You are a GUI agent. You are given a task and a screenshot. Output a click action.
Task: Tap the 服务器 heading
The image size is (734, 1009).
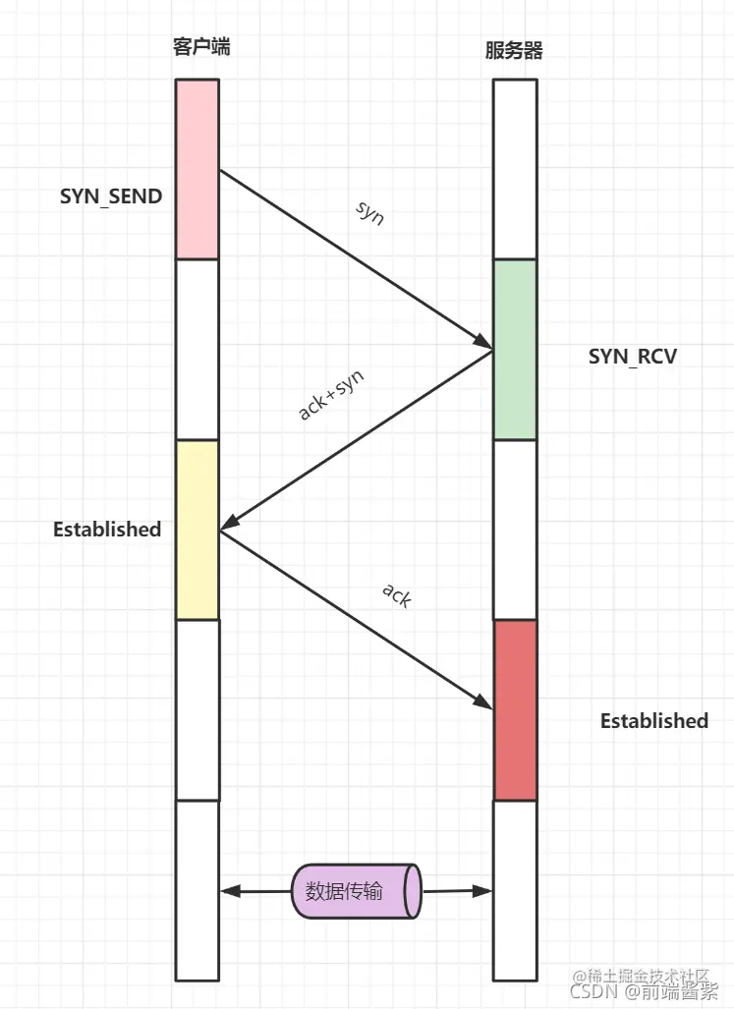[514, 50]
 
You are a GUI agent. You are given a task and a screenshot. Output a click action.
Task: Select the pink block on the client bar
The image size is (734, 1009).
[198, 169]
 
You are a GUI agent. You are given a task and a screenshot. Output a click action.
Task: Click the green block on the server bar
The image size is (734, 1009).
[514, 349]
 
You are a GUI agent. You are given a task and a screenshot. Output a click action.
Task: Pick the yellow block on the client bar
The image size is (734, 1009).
[198, 530]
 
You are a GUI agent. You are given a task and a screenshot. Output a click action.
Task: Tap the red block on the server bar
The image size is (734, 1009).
[515, 709]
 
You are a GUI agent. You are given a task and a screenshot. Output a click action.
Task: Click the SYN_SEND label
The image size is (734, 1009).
[111, 196]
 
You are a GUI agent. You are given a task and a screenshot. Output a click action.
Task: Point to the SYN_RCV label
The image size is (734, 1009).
[633, 356]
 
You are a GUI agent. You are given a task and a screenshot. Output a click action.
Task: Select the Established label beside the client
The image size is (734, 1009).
[107, 530]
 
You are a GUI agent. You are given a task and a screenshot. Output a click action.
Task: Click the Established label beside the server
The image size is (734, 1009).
[653, 721]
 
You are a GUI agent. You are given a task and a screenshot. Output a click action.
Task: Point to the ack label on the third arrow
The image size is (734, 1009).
[395, 594]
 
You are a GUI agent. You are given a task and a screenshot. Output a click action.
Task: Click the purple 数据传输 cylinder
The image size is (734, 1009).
[356, 892]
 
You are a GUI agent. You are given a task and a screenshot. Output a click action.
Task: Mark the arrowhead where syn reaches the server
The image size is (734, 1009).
[484, 343]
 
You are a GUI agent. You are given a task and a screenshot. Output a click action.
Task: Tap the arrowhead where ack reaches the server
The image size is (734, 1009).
[484, 701]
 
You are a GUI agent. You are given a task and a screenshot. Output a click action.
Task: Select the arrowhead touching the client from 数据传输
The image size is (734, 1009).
[228, 892]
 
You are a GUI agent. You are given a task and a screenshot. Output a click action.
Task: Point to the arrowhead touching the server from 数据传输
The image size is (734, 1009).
[483, 891]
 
